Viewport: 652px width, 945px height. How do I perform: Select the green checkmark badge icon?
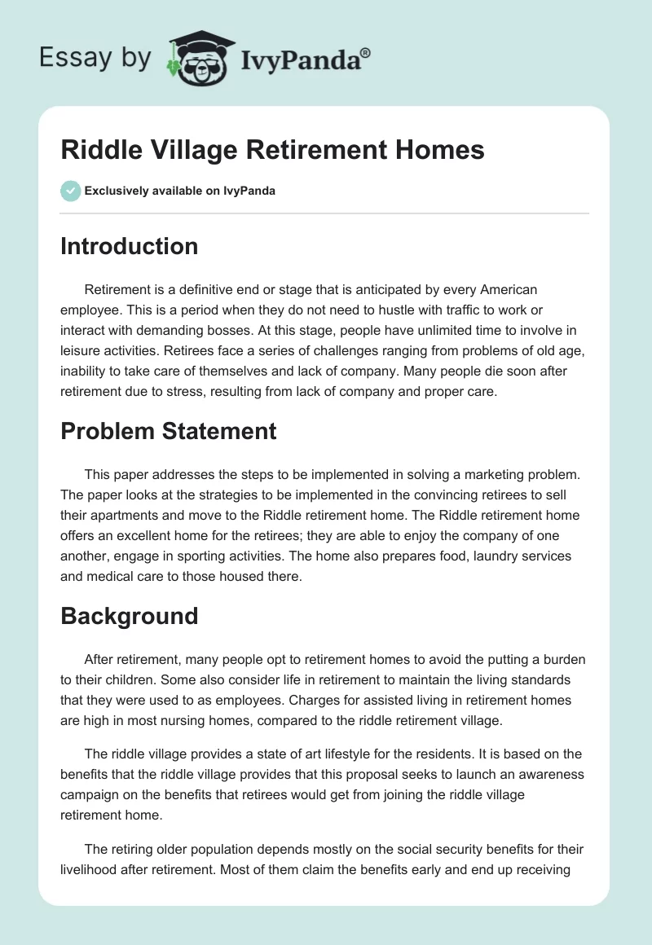[x=70, y=191]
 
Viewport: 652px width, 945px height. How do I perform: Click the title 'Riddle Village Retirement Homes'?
[x=272, y=150]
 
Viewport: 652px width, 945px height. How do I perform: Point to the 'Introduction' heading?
[x=129, y=246]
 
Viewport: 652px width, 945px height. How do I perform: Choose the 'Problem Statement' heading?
[x=168, y=431]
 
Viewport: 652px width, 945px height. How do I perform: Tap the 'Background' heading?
[x=129, y=616]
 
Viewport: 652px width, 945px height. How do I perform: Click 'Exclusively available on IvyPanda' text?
[x=179, y=191]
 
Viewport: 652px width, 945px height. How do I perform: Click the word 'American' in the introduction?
[x=505, y=289]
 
